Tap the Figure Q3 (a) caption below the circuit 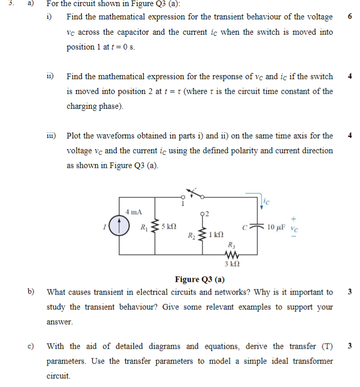[199, 279]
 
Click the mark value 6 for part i [349, 17]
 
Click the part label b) [31, 292]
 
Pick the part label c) [31, 346]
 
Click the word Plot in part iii [74, 136]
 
